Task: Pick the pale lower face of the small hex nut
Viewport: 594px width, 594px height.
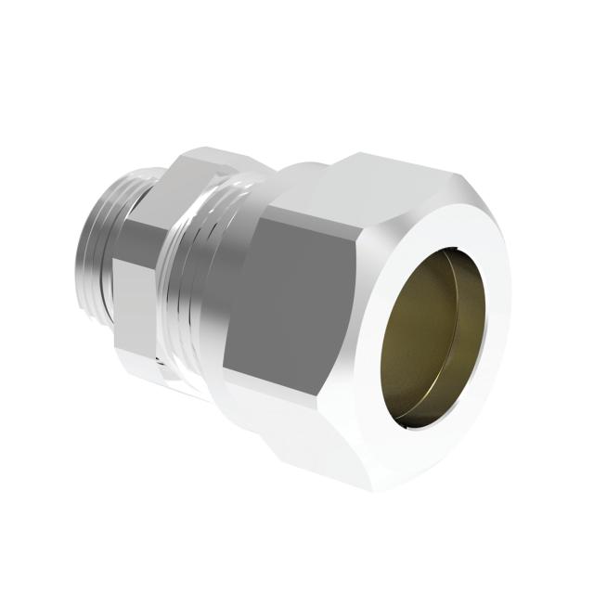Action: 139,348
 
